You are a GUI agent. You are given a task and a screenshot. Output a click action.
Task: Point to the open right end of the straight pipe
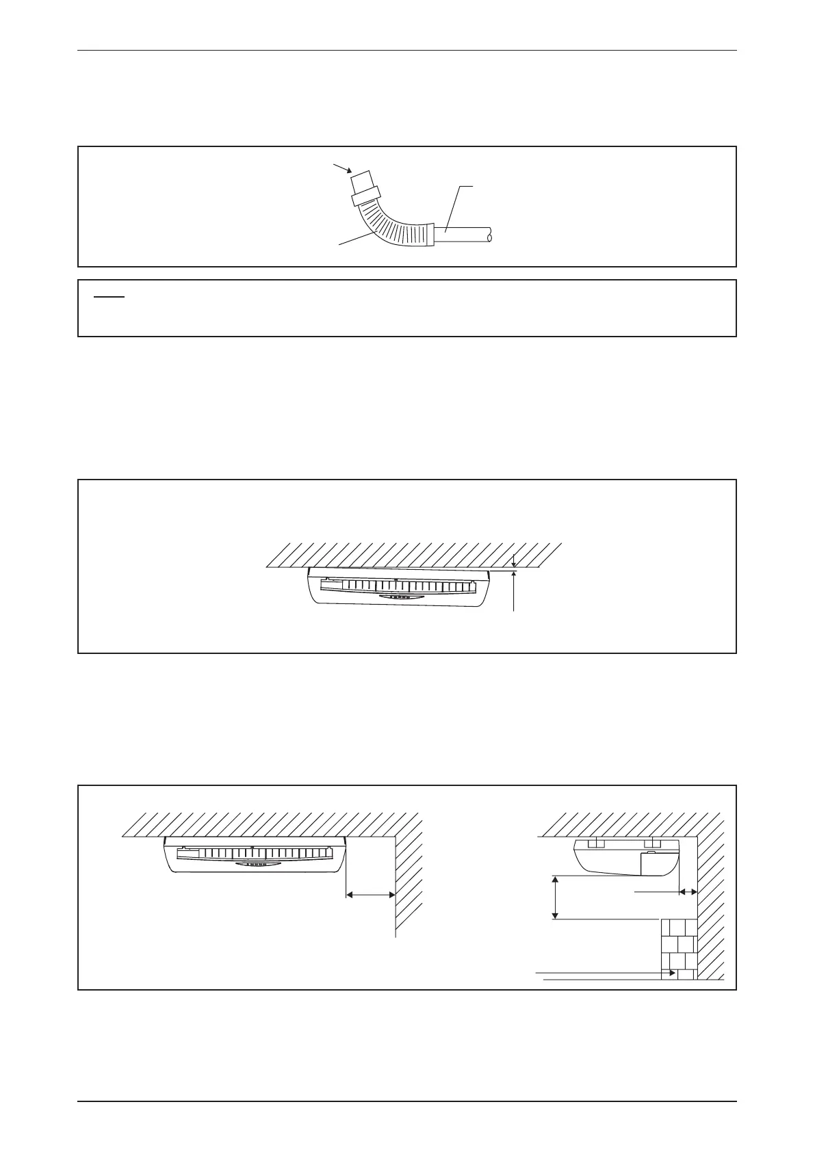491,237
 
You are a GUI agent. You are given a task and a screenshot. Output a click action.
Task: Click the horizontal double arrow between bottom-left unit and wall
370,894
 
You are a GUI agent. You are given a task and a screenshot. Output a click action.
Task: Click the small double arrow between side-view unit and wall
688,892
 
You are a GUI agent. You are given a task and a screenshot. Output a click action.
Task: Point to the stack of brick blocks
678,950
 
